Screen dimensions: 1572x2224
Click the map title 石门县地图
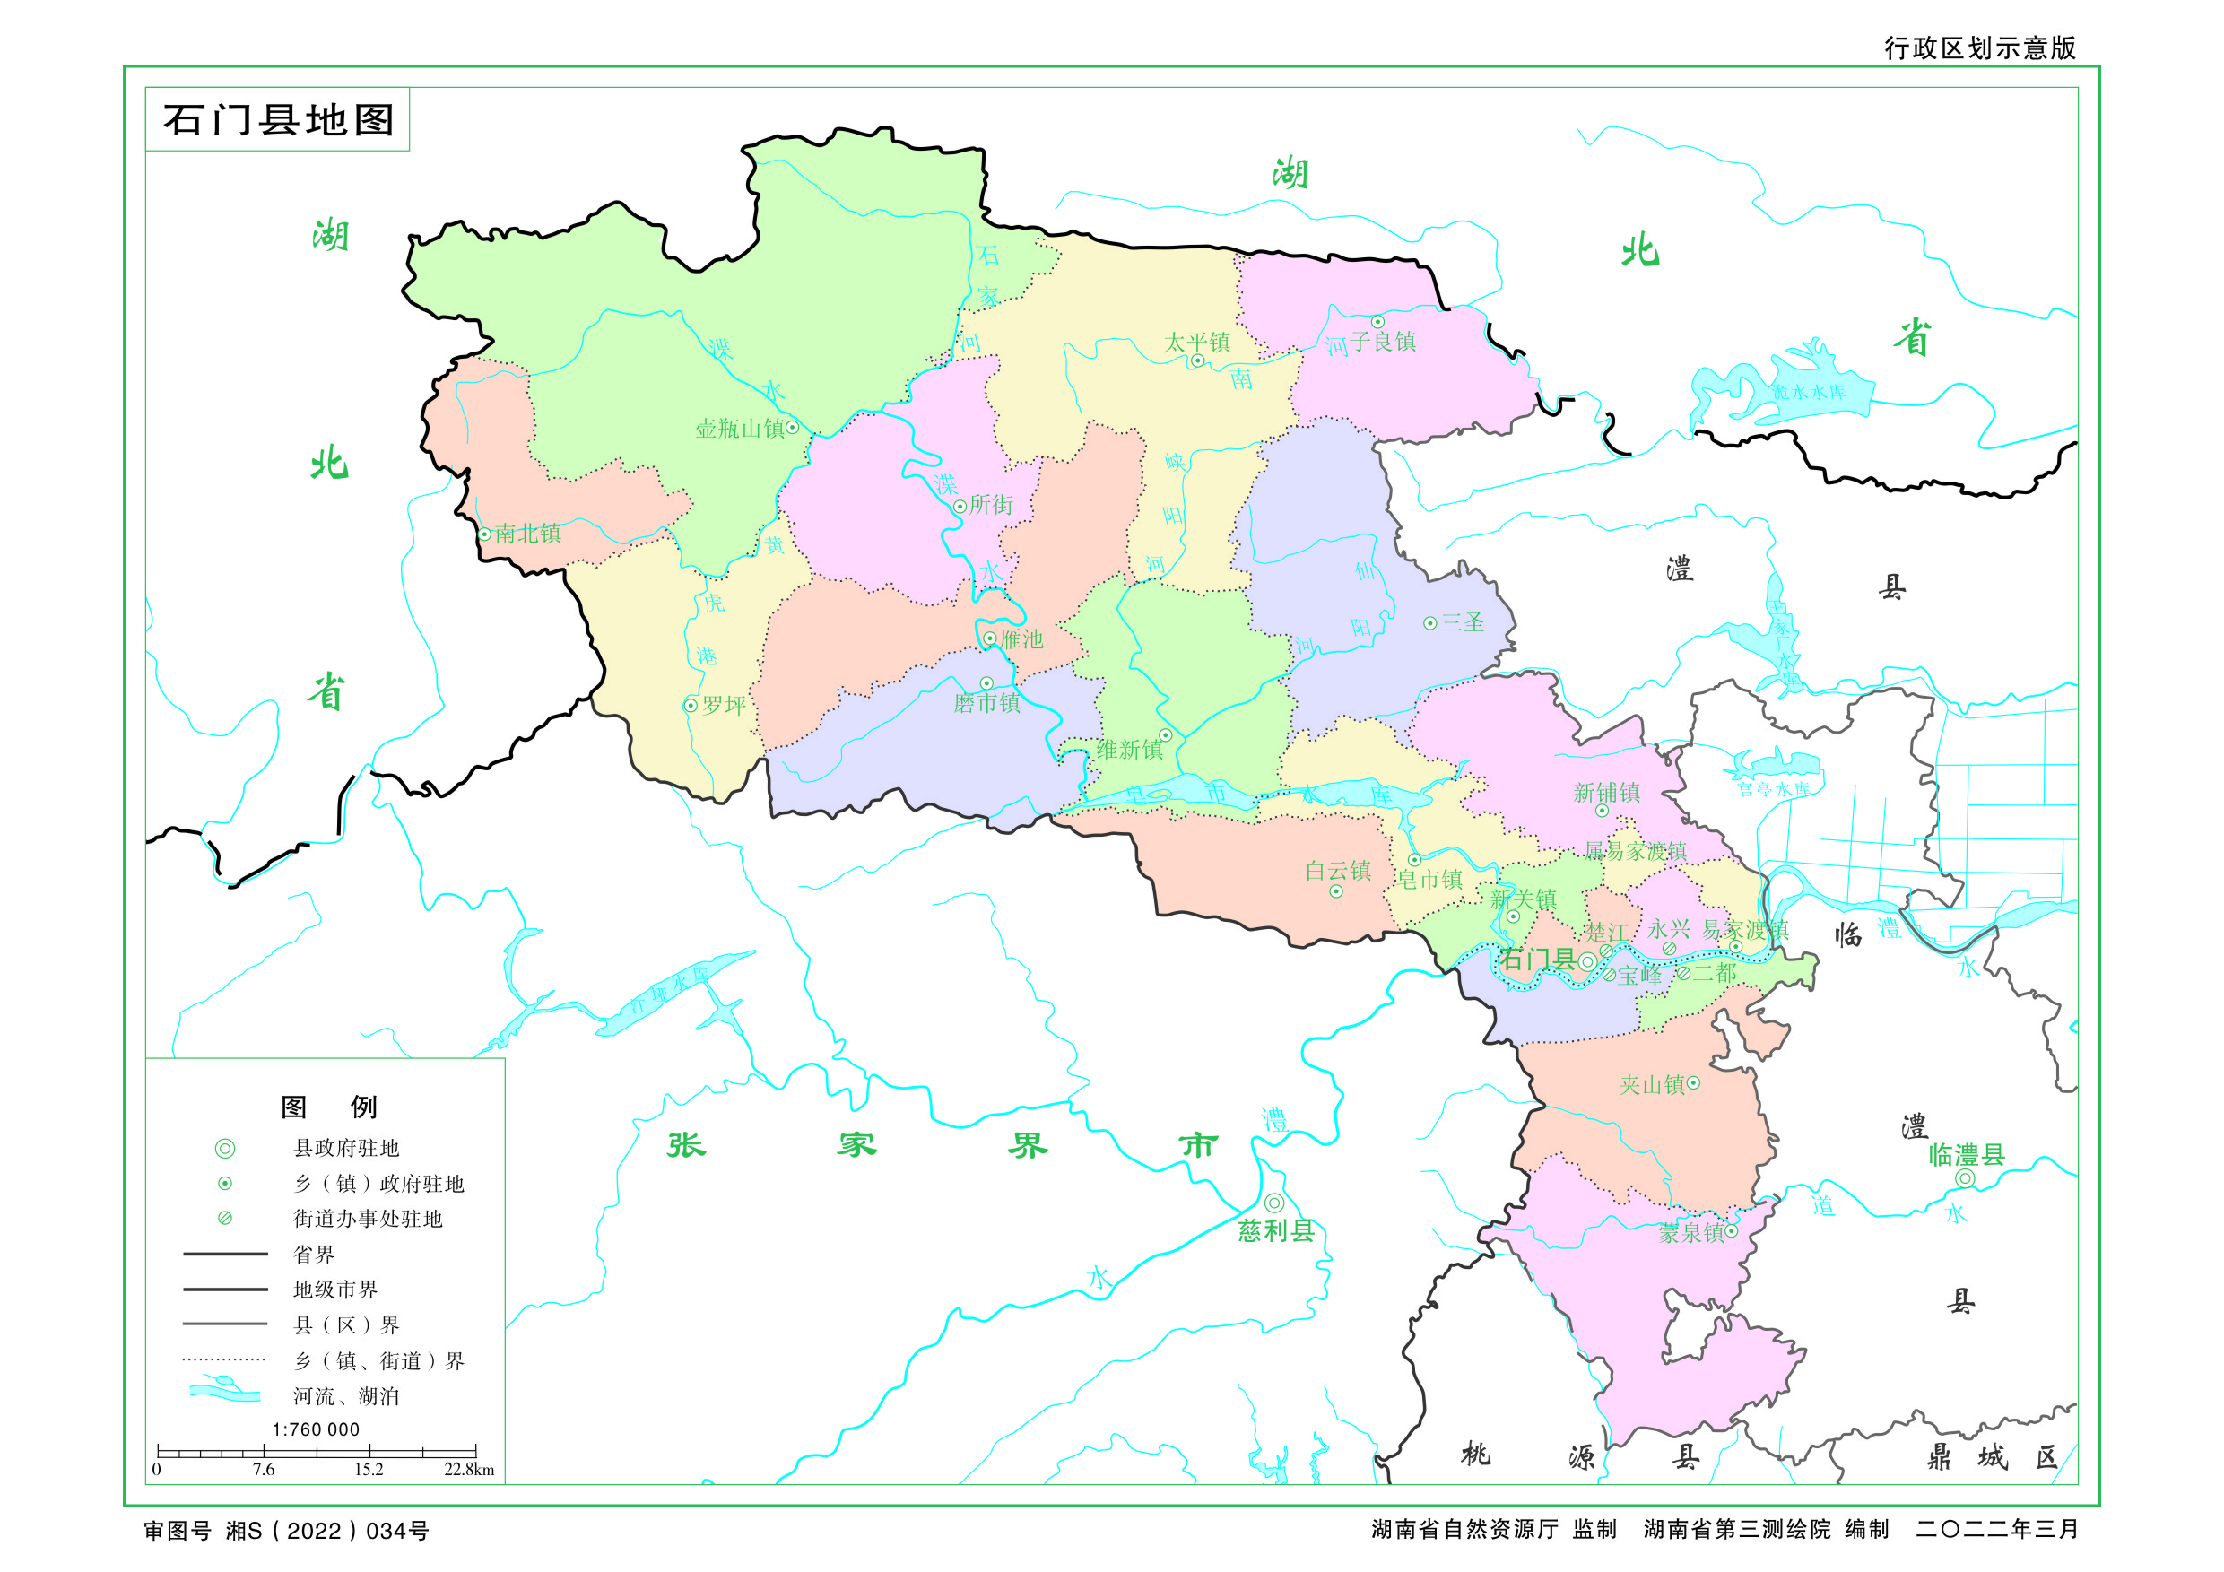[x=278, y=120]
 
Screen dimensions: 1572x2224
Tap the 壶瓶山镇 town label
[x=739, y=428]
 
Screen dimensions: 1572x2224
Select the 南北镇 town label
[x=528, y=534]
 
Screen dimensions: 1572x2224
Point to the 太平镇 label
[x=1196, y=342]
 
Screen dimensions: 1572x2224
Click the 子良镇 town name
[x=1383, y=341]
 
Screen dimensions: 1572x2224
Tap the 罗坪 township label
[x=724, y=705]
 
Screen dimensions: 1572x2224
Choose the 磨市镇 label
[x=986, y=703]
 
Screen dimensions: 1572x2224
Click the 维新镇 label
[x=1128, y=750]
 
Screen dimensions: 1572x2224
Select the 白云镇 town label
[x=1338, y=871]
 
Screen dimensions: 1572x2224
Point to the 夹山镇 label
[x=1652, y=1085]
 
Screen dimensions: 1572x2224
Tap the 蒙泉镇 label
[x=1690, y=1233]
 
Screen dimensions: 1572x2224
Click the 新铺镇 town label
[x=1606, y=794]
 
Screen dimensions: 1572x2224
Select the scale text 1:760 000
[x=316, y=1429]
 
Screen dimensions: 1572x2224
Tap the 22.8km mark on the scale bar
[x=469, y=1470]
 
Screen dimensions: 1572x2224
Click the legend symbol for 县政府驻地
[x=225, y=1149]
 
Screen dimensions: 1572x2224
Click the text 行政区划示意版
[x=1979, y=48]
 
